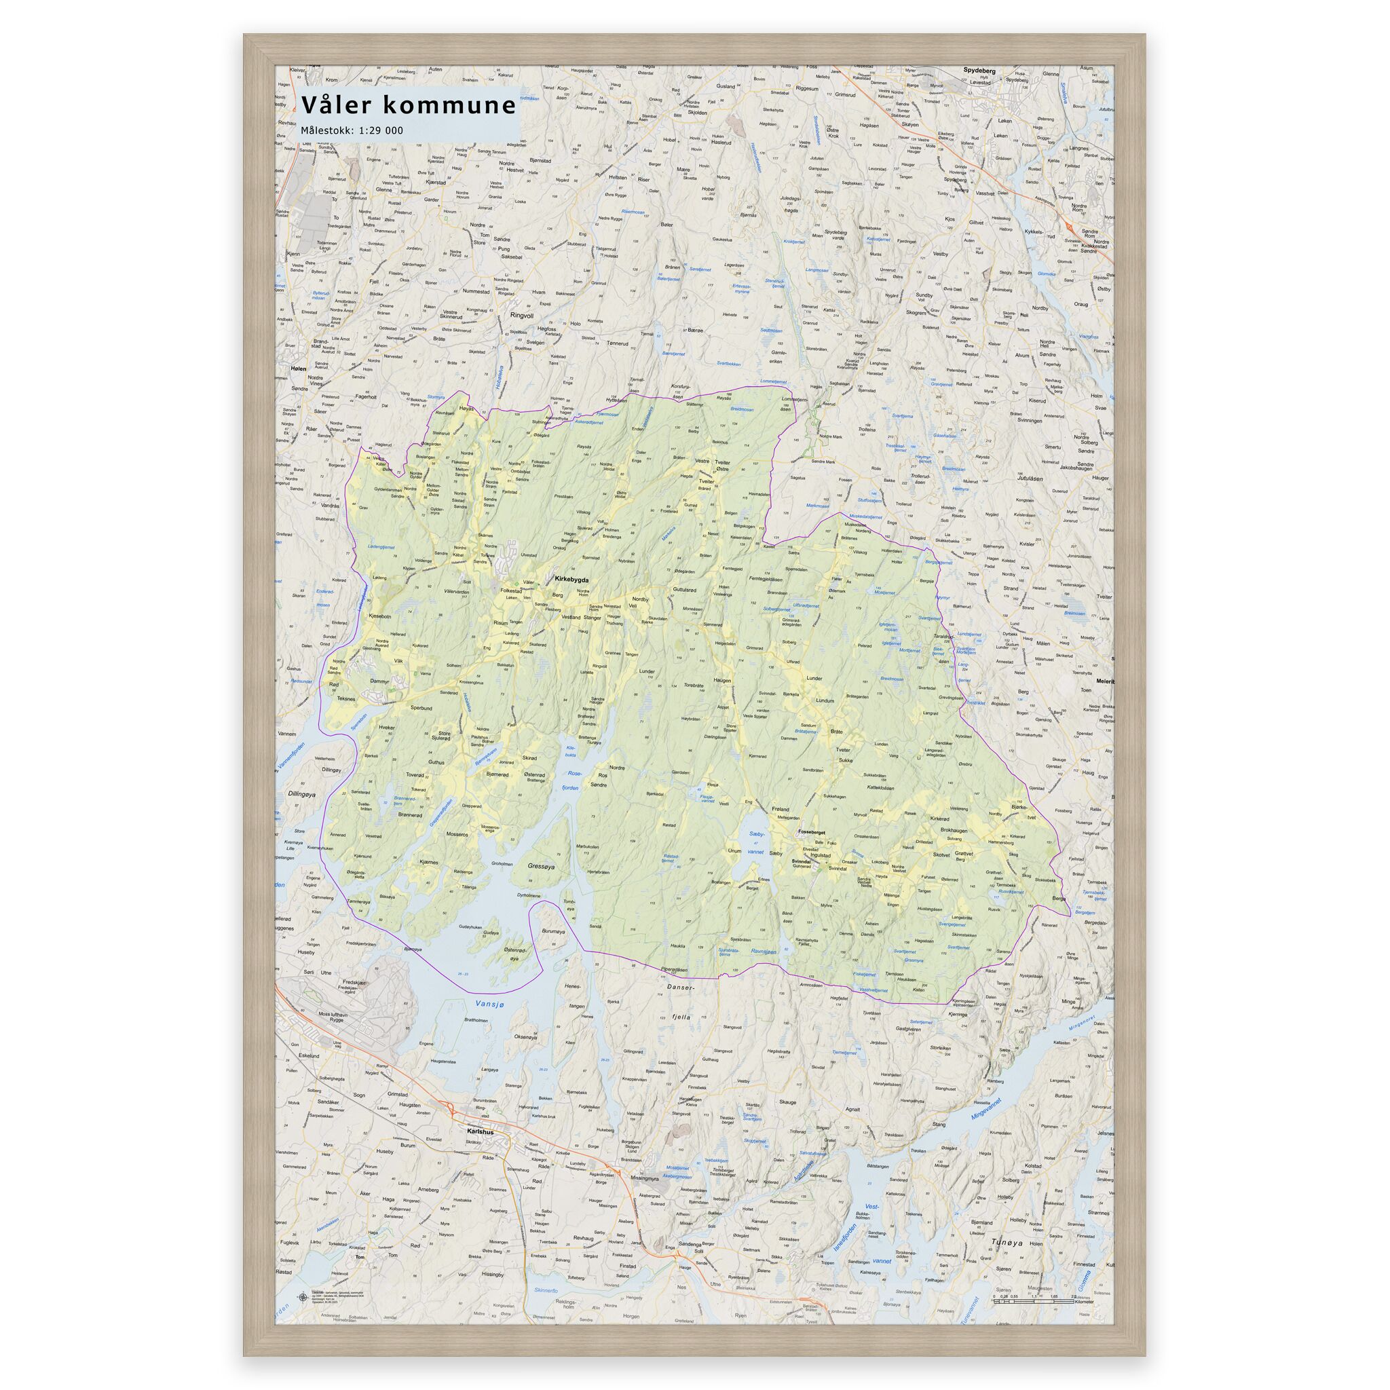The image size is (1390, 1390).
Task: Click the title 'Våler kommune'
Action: [408, 106]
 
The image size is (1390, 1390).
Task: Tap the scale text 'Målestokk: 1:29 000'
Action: [352, 131]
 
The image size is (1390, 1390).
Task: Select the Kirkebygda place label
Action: [572, 578]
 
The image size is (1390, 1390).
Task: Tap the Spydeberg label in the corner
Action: [979, 71]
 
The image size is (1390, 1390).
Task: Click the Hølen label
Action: [298, 369]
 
